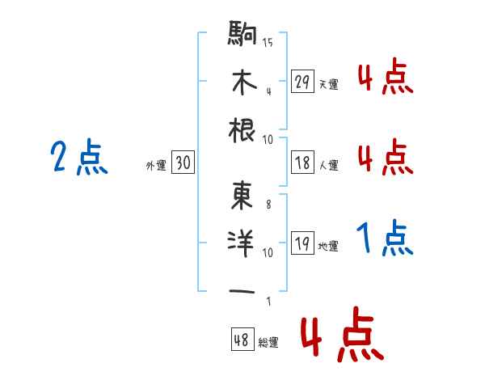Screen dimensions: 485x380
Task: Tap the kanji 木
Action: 242,82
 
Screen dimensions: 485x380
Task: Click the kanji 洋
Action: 242,243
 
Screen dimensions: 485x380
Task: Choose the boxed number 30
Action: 183,163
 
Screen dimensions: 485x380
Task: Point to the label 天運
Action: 328,84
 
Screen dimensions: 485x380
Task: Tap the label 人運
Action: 328,165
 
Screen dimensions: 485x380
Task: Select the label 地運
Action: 328,246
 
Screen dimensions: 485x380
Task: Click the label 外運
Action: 156,165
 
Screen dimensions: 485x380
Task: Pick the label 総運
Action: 269,342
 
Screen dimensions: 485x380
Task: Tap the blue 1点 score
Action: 385,239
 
